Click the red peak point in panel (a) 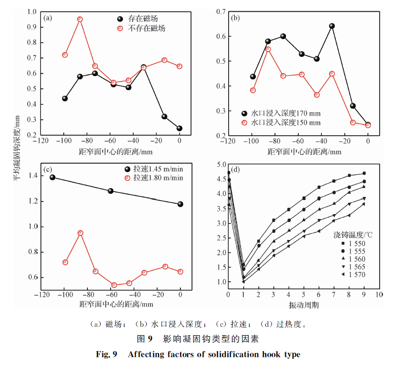80,19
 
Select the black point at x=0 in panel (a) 179,128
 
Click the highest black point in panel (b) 332,26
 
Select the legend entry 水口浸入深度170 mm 285,113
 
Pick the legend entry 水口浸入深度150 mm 285,123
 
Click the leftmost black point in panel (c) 52,178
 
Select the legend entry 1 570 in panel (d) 356,274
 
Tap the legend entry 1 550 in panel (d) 356,244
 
